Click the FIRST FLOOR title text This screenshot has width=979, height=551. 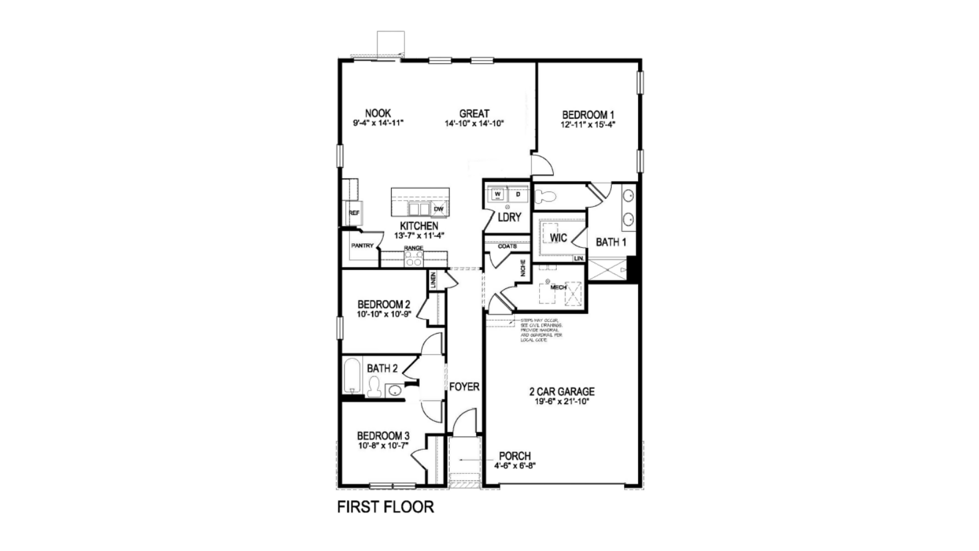[x=385, y=507]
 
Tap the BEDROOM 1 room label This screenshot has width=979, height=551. [x=588, y=114]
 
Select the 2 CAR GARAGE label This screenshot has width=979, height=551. [x=562, y=392]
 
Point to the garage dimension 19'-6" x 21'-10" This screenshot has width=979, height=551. [x=562, y=402]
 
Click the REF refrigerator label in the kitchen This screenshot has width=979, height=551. [x=354, y=213]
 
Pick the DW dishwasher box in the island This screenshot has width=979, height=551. [x=438, y=209]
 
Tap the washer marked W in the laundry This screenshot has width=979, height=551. [x=497, y=195]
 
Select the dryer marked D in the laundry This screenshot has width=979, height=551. [x=518, y=195]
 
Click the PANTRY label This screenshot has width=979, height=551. [x=362, y=246]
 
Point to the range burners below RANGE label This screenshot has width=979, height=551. [x=414, y=258]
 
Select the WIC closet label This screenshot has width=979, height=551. [x=558, y=238]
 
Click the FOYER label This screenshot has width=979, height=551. [x=464, y=387]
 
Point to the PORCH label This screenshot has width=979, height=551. [x=515, y=456]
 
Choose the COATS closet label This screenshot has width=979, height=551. [x=507, y=246]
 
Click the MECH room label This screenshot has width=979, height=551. [x=558, y=287]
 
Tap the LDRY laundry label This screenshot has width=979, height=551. [x=509, y=217]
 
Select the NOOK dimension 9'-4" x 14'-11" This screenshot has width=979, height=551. [x=378, y=123]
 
